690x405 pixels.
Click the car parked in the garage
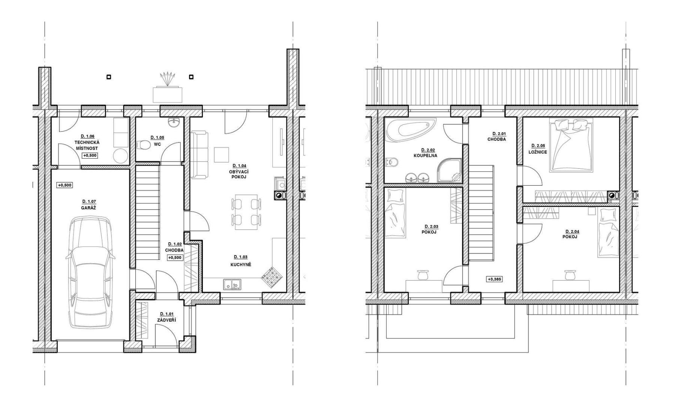[x=90, y=273]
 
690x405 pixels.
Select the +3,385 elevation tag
[x=494, y=279]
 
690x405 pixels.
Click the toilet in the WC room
[x=142, y=144]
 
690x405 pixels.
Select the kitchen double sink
[x=232, y=285]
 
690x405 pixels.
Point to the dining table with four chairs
[x=246, y=212]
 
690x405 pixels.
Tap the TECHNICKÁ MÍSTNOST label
[x=87, y=145]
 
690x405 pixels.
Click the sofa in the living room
[x=199, y=154]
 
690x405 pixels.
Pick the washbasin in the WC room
[x=174, y=122]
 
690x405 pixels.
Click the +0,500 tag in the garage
[x=64, y=185]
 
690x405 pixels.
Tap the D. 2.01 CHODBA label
[x=496, y=136]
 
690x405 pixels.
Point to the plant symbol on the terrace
[x=167, y=79]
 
